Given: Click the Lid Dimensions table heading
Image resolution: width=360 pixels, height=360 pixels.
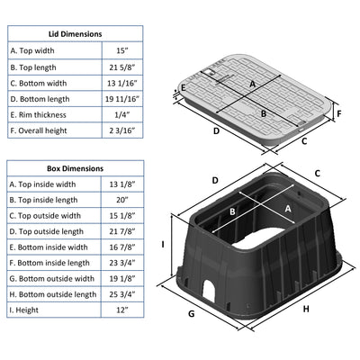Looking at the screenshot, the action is (x=76, y=34).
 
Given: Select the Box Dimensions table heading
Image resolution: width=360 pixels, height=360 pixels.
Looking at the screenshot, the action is (x=75, y=168).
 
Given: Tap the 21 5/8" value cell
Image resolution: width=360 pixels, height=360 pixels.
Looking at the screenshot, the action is (x=122, y=67).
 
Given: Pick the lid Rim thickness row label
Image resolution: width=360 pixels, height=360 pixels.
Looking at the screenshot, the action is (x=38, y=115).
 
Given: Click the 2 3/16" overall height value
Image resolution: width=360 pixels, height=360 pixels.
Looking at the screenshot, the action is (x=122, y=130).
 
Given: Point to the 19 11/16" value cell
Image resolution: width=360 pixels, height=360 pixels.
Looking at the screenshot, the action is (x=122, y=99).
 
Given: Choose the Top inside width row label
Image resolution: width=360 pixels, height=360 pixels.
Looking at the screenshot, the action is (x=42, y=184).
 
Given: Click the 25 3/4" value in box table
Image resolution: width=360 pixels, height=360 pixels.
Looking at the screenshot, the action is (x=122, y=294).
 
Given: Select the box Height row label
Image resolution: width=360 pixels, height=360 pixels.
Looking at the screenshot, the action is (x=24, y=310).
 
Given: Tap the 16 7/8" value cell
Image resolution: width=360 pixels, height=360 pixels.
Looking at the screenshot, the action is (x=122, y=247).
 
